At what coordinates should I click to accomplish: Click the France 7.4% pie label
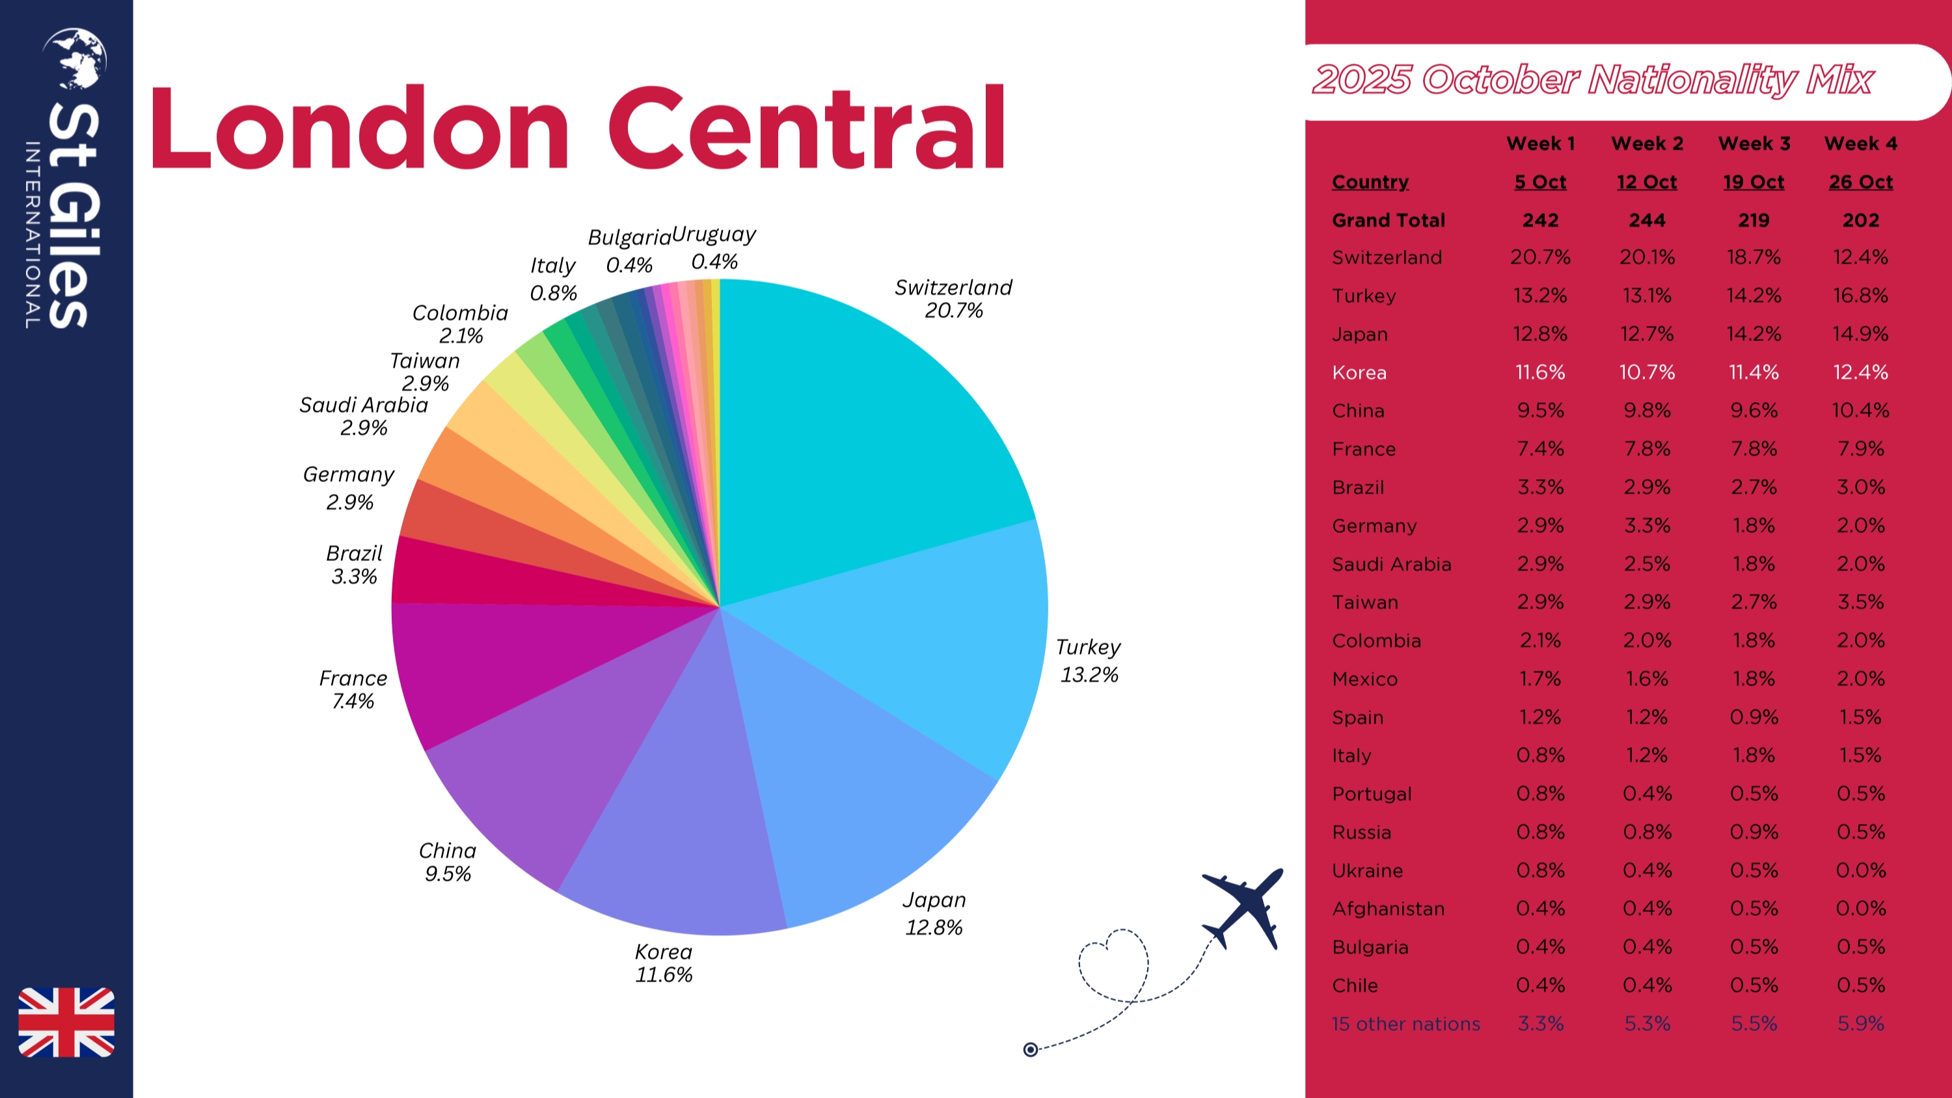click(353, 689)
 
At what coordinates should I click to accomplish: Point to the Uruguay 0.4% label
click(714, 247)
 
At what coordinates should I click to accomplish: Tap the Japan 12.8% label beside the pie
click(934, 913)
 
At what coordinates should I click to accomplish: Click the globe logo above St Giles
click(75, 59)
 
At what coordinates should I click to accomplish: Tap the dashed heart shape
click(1113, 964)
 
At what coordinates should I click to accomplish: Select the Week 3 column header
click(1754, 143)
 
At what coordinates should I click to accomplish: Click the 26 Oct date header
click(1860, 182)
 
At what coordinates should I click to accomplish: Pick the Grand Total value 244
click(1647, 221)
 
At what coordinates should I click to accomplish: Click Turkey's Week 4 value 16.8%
click(1860, 295)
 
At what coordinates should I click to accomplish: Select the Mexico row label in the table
click(1364, 679)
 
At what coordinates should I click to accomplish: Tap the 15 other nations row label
click(1405, 1024)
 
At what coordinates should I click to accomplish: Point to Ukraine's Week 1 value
click(1539, 870)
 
